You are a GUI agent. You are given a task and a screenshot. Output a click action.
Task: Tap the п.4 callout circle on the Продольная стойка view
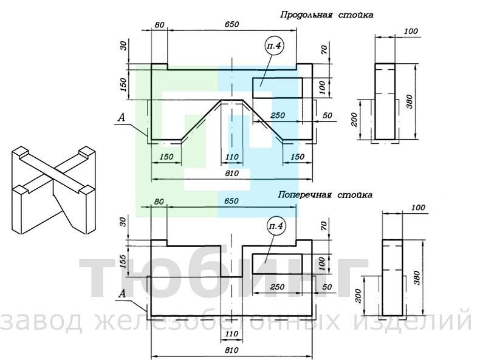point(274,46)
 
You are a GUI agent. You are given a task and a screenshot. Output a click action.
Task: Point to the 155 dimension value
point(123,261)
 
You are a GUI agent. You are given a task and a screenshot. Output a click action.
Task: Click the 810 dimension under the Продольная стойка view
point(231,174)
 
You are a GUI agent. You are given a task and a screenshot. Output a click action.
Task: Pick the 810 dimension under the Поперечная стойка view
point(231,350)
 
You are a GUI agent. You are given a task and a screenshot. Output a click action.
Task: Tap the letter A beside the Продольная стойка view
point(122,117)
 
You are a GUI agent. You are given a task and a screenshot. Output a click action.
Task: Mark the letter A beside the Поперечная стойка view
point(122,294)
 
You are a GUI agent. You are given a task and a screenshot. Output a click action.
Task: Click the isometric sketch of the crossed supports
point(53,190)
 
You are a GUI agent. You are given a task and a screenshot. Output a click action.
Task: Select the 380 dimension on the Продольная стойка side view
point(410,101)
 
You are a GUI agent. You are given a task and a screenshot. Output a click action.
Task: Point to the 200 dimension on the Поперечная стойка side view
point(358,296)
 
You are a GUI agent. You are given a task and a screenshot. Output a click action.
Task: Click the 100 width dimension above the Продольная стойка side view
point(411,31)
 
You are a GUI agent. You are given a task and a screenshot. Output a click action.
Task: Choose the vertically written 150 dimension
point(123,85)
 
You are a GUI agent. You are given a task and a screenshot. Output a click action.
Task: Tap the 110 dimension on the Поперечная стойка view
point(231,334)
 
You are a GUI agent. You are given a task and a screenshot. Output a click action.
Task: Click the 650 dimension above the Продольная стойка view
point(231,24)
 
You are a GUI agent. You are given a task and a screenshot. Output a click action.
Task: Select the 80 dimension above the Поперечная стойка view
point(159,202)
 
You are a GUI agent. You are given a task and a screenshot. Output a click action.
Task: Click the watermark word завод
point(42,321)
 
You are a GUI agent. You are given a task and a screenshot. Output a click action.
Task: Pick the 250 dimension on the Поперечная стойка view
point(277,287)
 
